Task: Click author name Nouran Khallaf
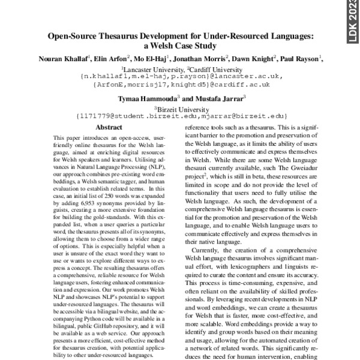click(x=66, y=58)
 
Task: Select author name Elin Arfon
click(x=110, y=58)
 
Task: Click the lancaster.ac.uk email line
click(x=180, y=77)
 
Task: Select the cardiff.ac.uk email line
click(x=180, y=85)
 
